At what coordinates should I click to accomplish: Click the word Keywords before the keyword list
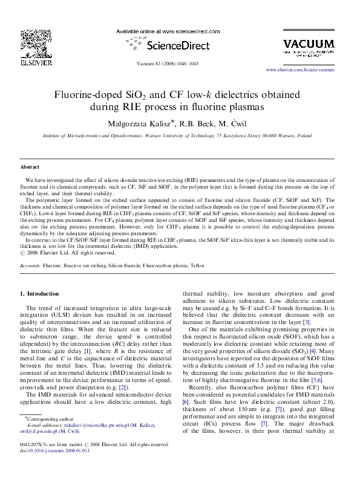pos(30,265)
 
